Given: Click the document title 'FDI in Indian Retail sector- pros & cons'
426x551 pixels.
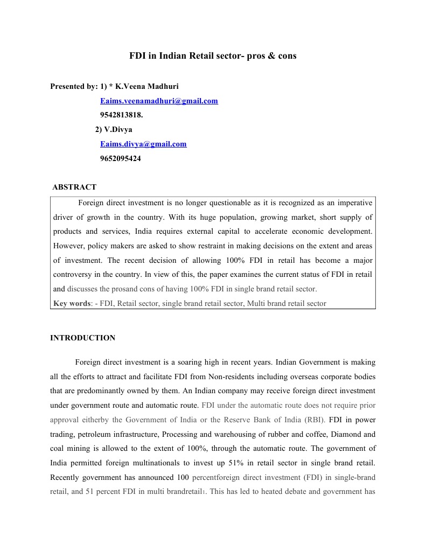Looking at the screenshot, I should (x=213, y=55).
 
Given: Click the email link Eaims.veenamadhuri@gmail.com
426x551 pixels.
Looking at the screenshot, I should (x=159, y=101).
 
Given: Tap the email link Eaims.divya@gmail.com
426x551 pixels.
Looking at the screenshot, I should (x=143, y=144).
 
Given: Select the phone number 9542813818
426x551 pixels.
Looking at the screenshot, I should (x=121, y=115).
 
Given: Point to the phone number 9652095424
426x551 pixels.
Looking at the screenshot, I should (x=121, y=158).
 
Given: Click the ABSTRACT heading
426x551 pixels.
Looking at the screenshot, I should (x=74, y=187).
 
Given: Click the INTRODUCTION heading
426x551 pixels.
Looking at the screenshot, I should (x=82, y=338).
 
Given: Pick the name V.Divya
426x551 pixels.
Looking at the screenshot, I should (x=118, y=129).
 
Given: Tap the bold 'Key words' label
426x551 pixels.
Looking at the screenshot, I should (x=72, y=303).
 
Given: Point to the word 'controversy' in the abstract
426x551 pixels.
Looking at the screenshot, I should (x=73, y=275).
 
